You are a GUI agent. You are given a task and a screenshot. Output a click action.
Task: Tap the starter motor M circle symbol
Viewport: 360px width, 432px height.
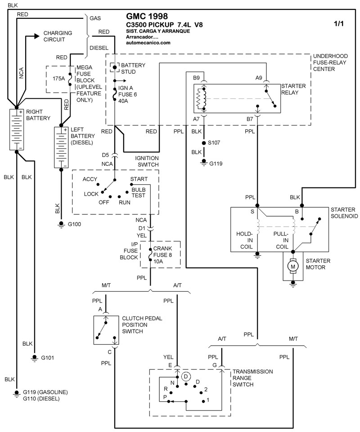click(293, 267)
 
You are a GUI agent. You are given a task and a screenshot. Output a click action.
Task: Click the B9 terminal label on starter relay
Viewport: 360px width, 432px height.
click(197, 78)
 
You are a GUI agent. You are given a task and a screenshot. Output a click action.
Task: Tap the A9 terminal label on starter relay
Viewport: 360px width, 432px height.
click(259, 78)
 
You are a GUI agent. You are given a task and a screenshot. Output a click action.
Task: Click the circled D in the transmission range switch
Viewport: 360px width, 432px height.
click(187, 376)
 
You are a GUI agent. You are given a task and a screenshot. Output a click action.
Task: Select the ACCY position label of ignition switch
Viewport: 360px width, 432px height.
click(90, 179)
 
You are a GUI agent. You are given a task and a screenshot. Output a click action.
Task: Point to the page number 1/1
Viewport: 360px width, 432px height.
click(338, 24)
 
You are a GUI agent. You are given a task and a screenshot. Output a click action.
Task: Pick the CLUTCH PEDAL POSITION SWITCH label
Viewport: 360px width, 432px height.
click(142, 325)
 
